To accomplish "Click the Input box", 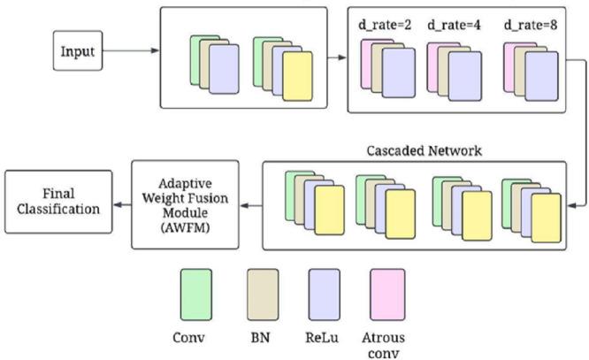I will point(76,52).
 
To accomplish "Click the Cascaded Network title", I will point(424,150).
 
